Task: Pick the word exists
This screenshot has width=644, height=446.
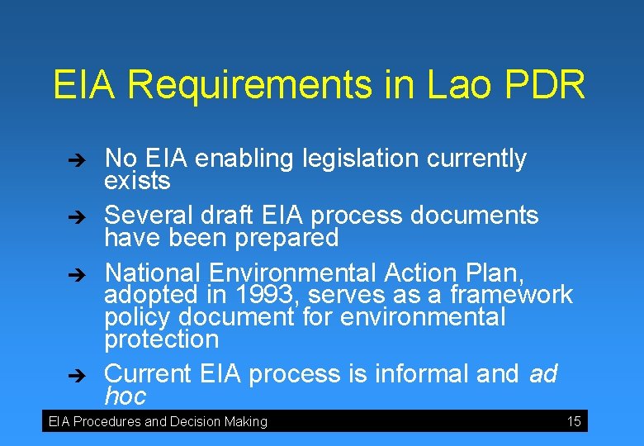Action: (x=137, y=180)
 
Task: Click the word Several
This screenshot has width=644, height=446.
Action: (x=147, y=216)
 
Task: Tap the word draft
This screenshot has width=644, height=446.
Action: (x=228, y=216)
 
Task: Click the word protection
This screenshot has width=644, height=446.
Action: (x=162, y=339)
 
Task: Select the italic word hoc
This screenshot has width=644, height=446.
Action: (x=125, y=396)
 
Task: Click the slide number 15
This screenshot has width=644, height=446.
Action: (x=574, y=422)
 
